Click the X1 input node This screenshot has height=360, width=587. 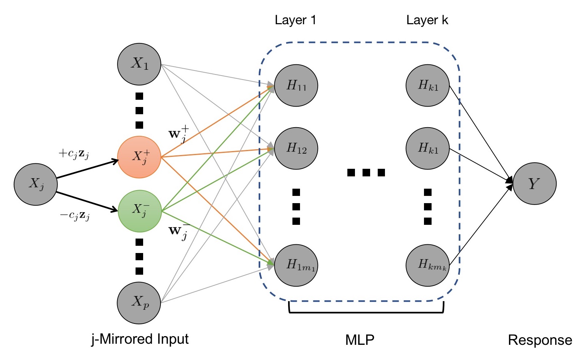pos(139,64)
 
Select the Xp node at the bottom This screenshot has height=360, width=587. pos(139,303)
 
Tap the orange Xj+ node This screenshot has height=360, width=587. pos(139,157)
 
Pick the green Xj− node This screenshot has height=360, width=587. pos(140,211)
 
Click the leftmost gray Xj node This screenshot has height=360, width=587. pos(35,184)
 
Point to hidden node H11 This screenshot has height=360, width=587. pos(296,85)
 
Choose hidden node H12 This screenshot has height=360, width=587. pos(296,148)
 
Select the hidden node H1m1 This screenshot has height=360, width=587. pos(296,265)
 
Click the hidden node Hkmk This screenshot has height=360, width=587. pos(428,265)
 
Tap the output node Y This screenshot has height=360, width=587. pos(535,184)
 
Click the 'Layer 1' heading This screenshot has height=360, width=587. pos(295,20)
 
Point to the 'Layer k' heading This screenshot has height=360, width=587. pos(427,20)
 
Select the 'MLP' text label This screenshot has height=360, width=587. pos(360,340)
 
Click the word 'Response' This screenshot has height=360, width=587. pos(540,340)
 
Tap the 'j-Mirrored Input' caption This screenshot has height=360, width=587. pos(140,339)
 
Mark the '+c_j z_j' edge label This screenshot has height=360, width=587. pos(74,154)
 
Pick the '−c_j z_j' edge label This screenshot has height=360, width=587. pos(74,216)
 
